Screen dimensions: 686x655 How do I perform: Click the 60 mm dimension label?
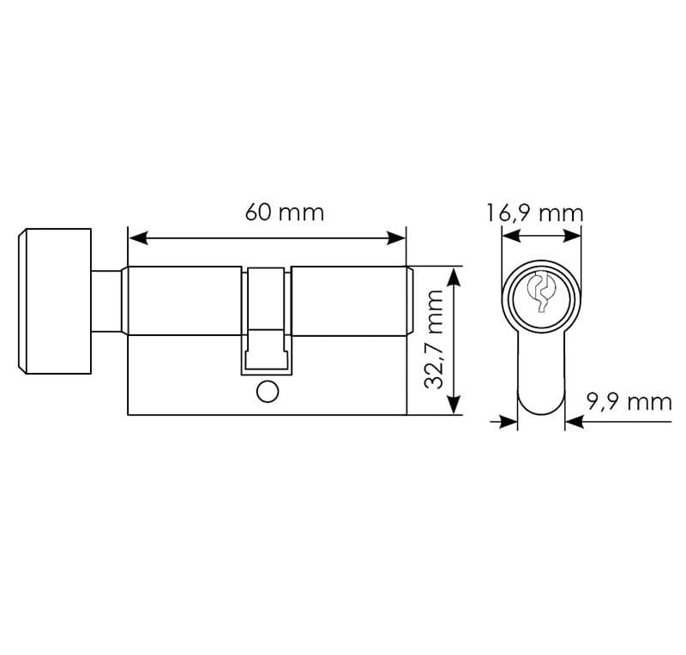pyautogui.click(x=285, y=213)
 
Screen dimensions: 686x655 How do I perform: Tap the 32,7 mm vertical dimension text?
pyautogui.click(x=434, y=340)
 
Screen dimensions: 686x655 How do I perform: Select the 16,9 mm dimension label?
pyautogui.click(x=534, y=213)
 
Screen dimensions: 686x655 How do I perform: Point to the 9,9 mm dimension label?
pyautogui.click(x=629, y=402)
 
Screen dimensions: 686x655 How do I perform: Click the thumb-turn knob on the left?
pyautogui.click(x=55, y=301)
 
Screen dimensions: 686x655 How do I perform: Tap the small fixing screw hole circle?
pyautogui.click(x=268, y=392)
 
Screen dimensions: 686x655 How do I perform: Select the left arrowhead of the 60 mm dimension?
pyautogui.click(x=138, y=238)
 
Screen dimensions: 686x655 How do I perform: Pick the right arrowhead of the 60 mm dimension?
pyautogui.click(x=396, y=238)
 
